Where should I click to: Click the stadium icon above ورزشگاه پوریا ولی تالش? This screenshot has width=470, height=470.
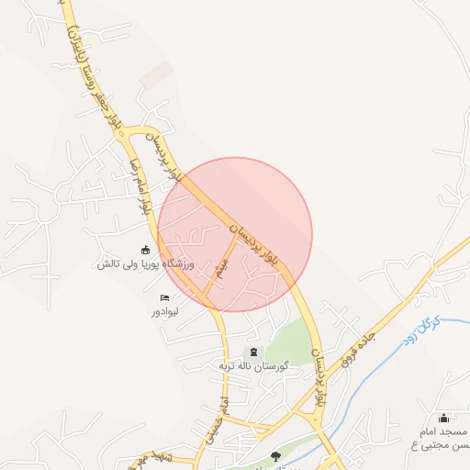tap(145, 250)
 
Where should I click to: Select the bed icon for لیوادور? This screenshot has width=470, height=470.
tap(165, 297)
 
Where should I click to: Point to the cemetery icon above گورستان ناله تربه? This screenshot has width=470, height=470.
tap(252, 352)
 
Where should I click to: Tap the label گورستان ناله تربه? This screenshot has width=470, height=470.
tap(252, 366)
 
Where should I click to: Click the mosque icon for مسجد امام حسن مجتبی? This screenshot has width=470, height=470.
tap(445, 418)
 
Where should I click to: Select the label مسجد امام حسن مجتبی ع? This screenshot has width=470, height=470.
tap(439, 438)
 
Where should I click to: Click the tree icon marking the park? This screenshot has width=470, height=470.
tap(275, 454)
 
